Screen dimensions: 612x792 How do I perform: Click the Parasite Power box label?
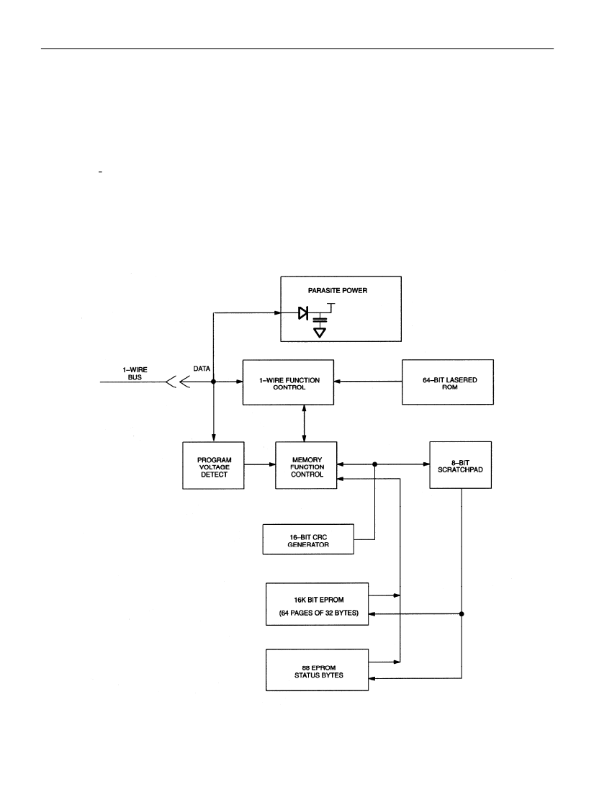coord(337,290)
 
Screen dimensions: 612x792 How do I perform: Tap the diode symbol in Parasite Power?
coord(303,313)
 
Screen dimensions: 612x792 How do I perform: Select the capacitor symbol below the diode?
coord(320,320)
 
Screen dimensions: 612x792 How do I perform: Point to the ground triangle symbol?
coord(320,333)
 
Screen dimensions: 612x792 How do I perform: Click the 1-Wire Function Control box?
coord(288,382)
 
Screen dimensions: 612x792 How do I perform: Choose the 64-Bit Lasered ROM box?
coord(448,382)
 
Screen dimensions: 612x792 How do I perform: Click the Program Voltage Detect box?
coord(213,466)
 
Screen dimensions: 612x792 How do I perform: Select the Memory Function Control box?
coord(306,465)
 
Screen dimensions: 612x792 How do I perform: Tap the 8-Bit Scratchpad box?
coord(461,465)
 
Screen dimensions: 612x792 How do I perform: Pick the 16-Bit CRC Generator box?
coord(308,539)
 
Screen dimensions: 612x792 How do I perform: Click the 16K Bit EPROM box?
coord(317,604)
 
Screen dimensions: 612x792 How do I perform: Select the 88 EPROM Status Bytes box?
coord(317,670)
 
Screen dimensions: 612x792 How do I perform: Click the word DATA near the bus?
coord(202,369)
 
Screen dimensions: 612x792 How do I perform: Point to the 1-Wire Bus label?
coord(135,373)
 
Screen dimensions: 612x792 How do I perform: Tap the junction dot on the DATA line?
coord(213,382)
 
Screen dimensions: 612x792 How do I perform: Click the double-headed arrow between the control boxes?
coord(304,423)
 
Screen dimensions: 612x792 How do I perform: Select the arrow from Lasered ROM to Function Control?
coord(368,382)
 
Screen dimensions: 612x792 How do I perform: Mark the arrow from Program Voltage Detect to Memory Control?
coord(260,464)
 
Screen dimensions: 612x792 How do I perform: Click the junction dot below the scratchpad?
coord(462,614)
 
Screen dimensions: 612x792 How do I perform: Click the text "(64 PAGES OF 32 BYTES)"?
coord(319,613)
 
